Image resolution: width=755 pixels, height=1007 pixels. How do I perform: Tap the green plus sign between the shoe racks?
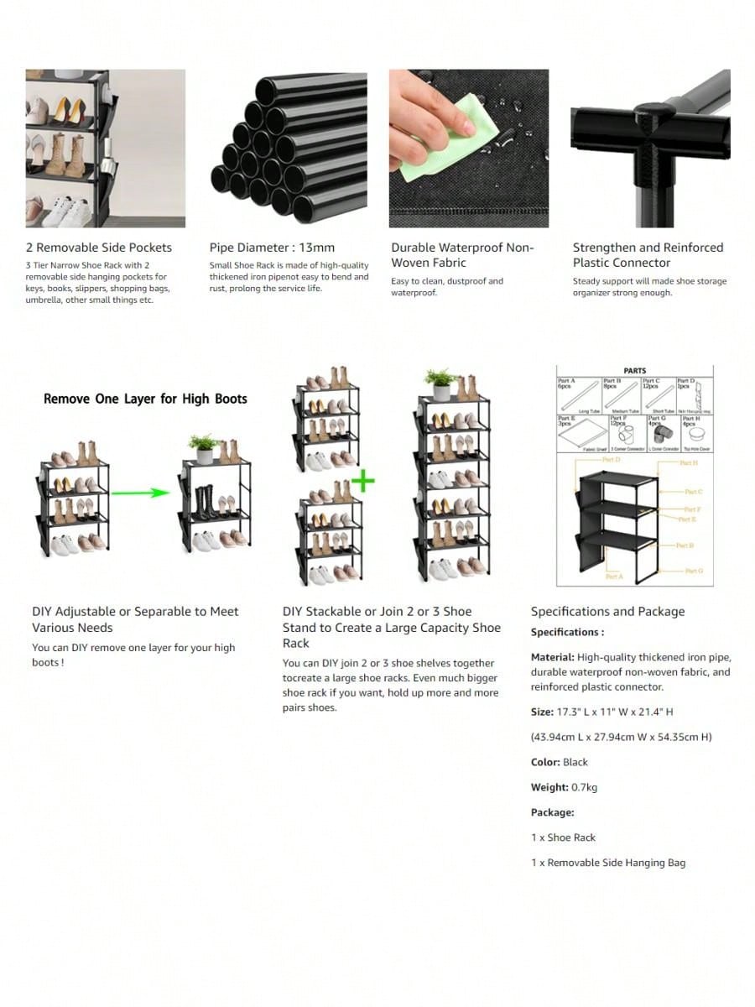pyautogui.click(x=362, y=482)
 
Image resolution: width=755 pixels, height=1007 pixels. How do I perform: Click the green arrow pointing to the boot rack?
pyautogui.click(x=140, y=492)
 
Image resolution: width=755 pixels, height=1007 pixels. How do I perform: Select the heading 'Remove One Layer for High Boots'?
pyautogui.click(x=145, y=399)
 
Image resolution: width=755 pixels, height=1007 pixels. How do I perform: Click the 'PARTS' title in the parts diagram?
pyautogui.click(x=635, y=370)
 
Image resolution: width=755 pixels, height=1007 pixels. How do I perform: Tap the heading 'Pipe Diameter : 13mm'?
pyautogui.click(x=272, y=248)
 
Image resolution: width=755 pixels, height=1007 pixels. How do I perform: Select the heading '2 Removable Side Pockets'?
pyautogui.click(x=98, y=248)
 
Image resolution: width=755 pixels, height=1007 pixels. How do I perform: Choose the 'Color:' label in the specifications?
pyautogui.click(x=545, y=762)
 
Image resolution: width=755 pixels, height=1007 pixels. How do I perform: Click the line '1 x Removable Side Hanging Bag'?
pyautogui.click(x=607, y=863)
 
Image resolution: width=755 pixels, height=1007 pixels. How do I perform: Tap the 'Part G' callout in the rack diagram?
pyautogui.click(x=693, y=571)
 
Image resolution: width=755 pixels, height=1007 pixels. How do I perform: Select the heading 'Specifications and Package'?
pyautogui.click(x=607, y=612)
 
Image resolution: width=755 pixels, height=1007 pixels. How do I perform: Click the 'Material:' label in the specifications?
pyautogui.click(x=552, y=657)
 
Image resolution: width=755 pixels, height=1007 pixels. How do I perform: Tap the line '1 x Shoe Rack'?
pyautogui.click(x=563, y=837)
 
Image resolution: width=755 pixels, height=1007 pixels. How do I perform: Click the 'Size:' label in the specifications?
pyautogui.click(x=542, y=712)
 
